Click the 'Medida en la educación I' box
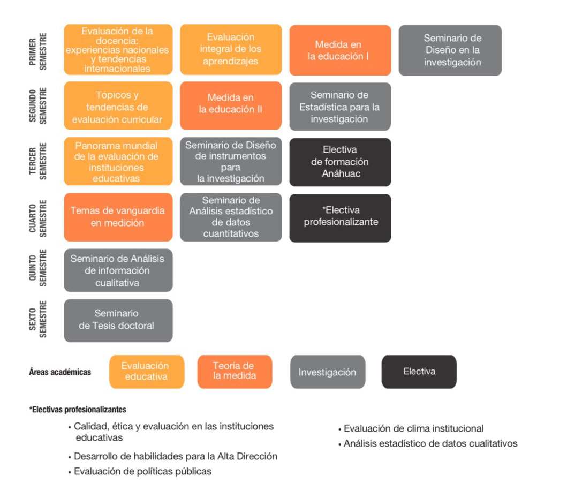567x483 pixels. pyautogui.click(x=340, y=50)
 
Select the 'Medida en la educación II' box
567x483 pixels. pyautogui.click(x=231, y=105)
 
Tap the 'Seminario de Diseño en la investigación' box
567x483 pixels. pyautogui.click(x=450, y=50)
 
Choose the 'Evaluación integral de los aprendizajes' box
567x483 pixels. pyautogui.click(x=231, y=49)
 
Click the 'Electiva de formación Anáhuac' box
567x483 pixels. pyautogui.click(x=340, y=162)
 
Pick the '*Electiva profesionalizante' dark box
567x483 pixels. pyautogui.click(x=340, y=218)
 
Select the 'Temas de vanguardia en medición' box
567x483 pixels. pyautogui.click(x=118, y=217)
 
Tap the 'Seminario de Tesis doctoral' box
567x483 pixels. pyautogui.click(x=118, y=320)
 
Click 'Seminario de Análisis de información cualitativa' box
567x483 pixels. pyautogui.click(x=118, y=270)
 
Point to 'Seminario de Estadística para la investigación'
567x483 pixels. pyautogui.click(x=340, y=107)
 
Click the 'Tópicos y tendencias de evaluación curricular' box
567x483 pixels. pyautogui.click(x=118, y=105)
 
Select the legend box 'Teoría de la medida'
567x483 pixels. pyautogui.click(x=235, y=372)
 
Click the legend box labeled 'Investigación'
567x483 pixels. pyautogui.click(x=328, y=372)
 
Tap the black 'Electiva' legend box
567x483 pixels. pyautogui.click(x=419, y=372)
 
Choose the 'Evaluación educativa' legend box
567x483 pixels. pyautogui.click(x=147, y=372)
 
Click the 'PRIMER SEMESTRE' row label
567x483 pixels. pyautogui.click(x=37, y=51)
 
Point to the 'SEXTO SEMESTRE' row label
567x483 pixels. pyautogui.click(x=37, y=319)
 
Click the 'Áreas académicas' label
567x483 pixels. pyautogui.click(x=60, y=372)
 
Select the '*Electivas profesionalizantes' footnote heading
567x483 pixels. pyautogui.click(x=78, y=410)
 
